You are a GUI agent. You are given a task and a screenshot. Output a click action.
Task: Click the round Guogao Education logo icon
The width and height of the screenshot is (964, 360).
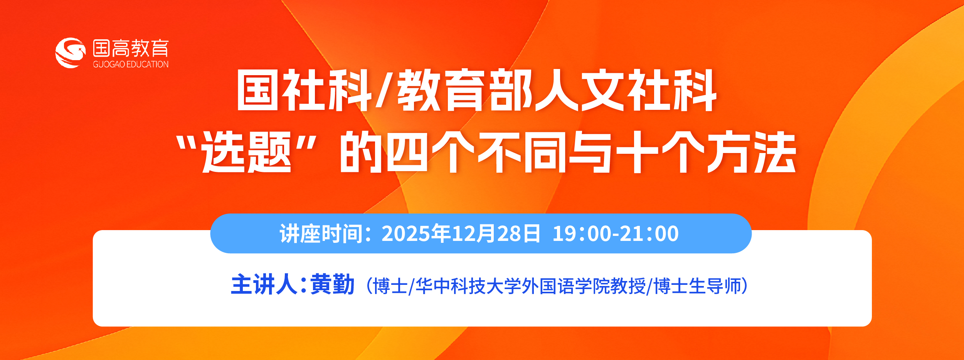pyautogui.click(x=70, y=53)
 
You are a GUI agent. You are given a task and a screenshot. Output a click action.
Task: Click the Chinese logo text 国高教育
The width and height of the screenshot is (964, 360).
pyautogui.click(x=131, y=48)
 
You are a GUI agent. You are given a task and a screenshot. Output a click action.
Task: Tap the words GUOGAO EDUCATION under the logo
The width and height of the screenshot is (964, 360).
pyautogui.click(x=131, y=64)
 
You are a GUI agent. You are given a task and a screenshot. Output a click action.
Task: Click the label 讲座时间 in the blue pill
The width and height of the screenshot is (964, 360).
pyautogui.click(x=321, y=234)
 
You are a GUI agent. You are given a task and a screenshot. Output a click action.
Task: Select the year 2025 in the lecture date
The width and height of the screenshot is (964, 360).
pyautogui.click(x=406, y=234)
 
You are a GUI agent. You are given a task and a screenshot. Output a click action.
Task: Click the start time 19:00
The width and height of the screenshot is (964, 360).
pyautogui.click(x=582, y=234)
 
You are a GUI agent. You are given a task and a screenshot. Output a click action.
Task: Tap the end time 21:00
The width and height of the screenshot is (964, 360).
pyautogui.click(x=649, y=234)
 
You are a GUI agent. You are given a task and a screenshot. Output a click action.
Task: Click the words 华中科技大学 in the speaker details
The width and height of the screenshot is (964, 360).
pyautogui.click(x=468, y=286)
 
